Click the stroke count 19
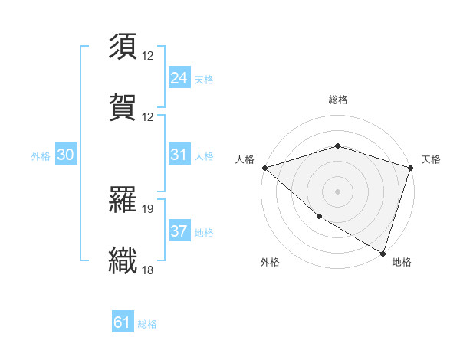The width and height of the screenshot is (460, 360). (148, 208)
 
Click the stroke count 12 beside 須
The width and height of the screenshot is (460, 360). (148, 57)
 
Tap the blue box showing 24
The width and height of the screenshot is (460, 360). (179, 78)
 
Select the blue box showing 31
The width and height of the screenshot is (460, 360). (179, 155)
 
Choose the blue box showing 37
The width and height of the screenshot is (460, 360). (179, 231)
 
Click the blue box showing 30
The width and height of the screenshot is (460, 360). (66, 155)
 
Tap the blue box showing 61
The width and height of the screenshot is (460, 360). (123, 322)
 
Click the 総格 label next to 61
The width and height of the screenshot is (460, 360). (148, 324)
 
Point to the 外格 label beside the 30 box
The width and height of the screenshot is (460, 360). (41, 155)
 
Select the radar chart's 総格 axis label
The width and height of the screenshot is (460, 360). (338, 100)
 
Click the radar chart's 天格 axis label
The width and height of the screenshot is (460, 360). (432, 159)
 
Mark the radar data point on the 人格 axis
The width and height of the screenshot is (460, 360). (264, 167)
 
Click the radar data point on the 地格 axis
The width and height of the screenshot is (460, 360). (383, 252)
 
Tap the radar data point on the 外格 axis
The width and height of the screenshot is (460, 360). (319, 217)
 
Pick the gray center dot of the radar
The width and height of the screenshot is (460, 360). (338, 191)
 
